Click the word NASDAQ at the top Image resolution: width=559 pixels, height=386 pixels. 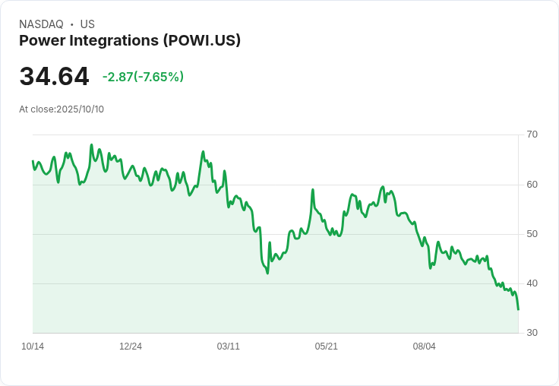(x=41, y=24)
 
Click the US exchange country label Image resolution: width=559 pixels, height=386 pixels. (x=87, y=24)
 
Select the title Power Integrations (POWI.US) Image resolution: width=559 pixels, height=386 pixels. (x=130, y=40)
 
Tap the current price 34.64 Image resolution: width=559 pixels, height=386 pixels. (x=54, y=77)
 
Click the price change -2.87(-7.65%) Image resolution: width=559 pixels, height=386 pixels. (x=143, y=77)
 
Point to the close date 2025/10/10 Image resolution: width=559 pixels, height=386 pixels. (x=80, y=109)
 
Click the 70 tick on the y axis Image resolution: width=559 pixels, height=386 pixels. (x=532, y=134)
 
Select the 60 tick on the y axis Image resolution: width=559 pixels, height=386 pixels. (x=532, y=185)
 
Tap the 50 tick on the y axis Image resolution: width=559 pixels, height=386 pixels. (x=532, y=234)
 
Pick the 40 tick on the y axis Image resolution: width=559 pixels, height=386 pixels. (x=532, y=283)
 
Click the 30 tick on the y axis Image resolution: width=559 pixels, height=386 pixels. (x=532, y=333)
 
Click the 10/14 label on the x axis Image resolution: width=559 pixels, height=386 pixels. (x=33, y=346)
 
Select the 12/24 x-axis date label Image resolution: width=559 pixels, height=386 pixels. (x=131, y=346)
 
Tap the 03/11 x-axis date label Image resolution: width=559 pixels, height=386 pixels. (x=229, y=346)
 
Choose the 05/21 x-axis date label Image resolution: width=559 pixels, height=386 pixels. (x=327, y=346)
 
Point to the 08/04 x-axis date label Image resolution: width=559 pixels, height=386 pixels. (x=425, y=346)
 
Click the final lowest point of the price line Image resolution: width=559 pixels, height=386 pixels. (x=518, y=309)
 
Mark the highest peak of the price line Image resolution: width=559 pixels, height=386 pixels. (x=92, y=144)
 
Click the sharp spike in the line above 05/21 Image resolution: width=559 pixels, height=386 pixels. (x=313, y=189)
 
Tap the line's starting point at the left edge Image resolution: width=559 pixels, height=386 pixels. (x=33, y=161)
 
